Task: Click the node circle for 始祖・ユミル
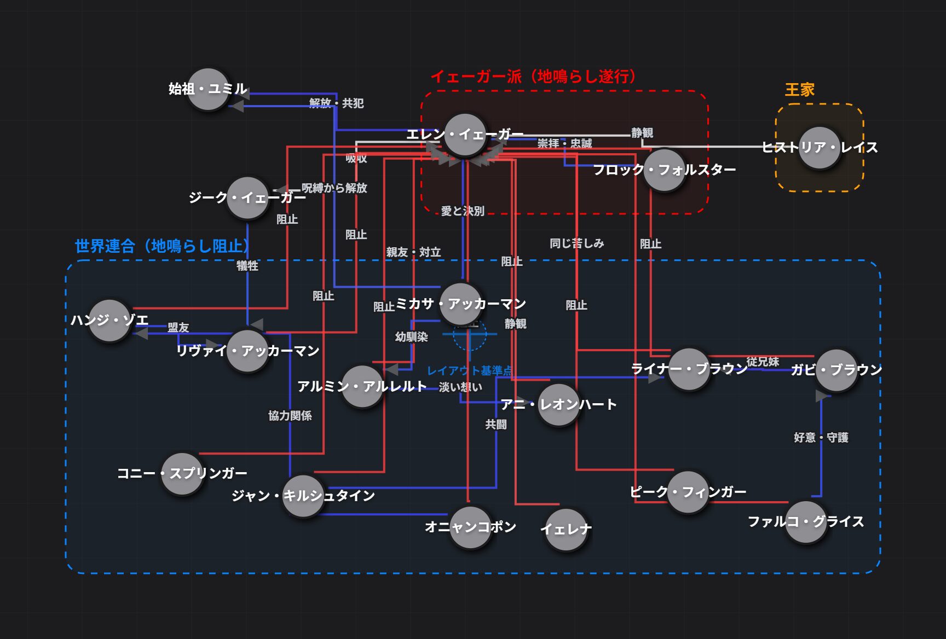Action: [208, 89]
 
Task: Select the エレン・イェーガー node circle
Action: [465, 135]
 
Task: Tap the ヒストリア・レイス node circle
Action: [820, 148]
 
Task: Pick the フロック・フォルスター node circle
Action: [664, 170]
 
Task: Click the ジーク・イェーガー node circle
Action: [247, 197]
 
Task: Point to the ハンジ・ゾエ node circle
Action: [109, 321]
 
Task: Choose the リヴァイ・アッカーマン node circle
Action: [247, 351]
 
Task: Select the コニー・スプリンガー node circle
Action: [182, 473]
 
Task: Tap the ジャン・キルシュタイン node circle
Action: [303, 496]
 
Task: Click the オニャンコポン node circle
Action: [470, 527]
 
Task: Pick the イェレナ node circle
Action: [567, 530]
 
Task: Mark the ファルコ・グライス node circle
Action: [806, 522]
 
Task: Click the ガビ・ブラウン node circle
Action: [837, 370]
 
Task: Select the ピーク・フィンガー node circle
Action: [688, 492]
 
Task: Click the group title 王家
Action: [800, 90]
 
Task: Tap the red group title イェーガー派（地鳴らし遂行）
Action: [533, 76]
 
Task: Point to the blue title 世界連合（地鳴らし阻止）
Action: [162, 246]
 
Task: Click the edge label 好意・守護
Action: [821, 438]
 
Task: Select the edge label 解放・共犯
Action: [336, 103]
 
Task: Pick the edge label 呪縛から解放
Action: [334, 188]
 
